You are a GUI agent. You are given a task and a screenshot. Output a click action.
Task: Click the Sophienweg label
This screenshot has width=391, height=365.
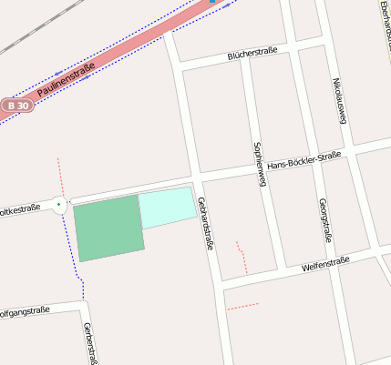[x=259, y=165]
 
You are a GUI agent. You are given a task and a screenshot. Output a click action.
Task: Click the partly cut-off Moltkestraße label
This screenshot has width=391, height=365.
[x=20, y=208]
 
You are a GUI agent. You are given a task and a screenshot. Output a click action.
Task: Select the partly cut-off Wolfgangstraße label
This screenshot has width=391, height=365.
[x=24, y=311]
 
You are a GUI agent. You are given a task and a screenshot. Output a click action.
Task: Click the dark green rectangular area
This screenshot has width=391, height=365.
[x=108, y=228]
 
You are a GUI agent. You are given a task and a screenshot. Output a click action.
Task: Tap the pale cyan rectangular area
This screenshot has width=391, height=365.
[x=168, y=208]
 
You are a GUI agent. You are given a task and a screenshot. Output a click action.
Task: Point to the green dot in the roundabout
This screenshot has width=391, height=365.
[x=60, y=206]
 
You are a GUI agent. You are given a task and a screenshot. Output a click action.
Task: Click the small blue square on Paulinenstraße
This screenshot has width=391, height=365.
[x=212, y=1]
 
